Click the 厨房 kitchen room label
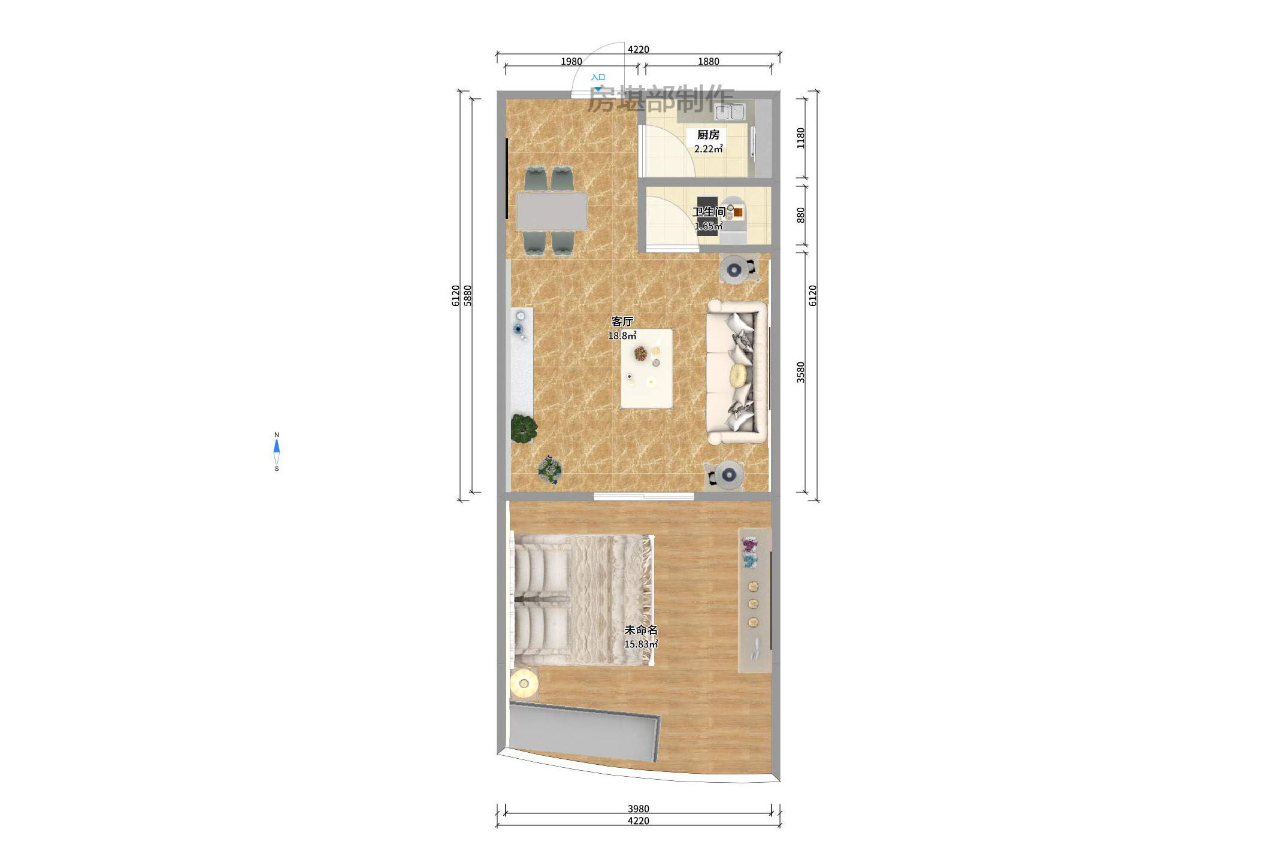coord(708,135)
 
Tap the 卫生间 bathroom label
coord(709,211)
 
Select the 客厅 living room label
coord(622,322)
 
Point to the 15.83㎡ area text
coord(640,644)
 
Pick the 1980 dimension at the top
coord(571,62)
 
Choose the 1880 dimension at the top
coord(708,62)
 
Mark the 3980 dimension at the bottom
coord(638,809)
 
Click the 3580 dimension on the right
coord(801,372)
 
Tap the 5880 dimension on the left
coord(468,296)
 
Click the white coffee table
coord(646,368)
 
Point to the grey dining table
coord(552,211)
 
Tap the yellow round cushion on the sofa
coord(738,375)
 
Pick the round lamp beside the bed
coord(524,683)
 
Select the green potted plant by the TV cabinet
coord(524,428)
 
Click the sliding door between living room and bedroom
coord(644,496)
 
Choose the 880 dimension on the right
coord(801,215)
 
